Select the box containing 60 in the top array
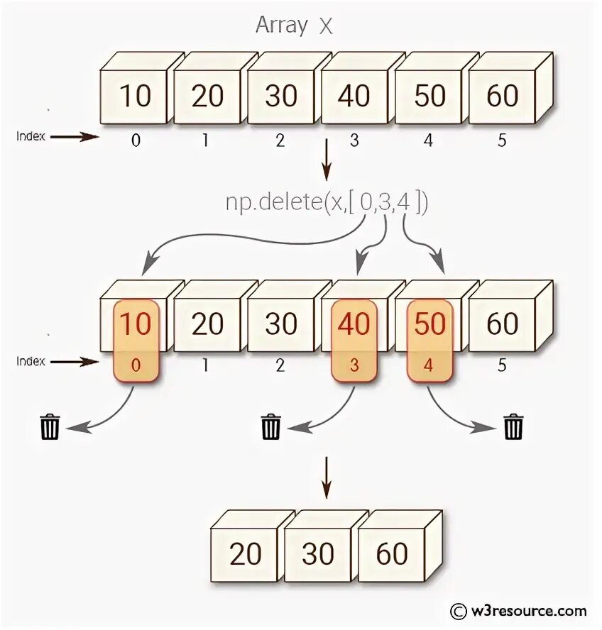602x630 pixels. tap(503, 95)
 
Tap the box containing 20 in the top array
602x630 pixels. tap(207, 95)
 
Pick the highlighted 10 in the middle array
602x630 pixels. tap(135, 324)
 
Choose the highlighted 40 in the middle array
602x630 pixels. tap(354, 324)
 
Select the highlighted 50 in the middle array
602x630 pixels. tap(429, 324)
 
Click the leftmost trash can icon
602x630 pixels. tap(50, 427)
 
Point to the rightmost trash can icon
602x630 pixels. tap(513, 427)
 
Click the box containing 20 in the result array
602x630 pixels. tap(246, 554)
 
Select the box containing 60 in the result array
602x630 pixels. tap(392, 554)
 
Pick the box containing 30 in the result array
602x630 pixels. tap(319, 554)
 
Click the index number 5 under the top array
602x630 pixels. tap(502, 140)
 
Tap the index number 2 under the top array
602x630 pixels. tap(280, 140)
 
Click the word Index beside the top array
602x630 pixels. tap(31, 136)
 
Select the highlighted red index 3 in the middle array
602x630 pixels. tap(354, 367)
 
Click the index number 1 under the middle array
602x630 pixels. tap(206, 366)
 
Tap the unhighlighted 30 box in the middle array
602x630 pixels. tap(280, 324)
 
